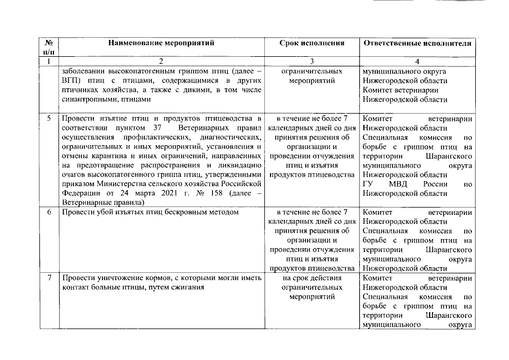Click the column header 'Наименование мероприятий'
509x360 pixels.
(161, 43)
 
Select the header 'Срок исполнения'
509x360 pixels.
(312, 43)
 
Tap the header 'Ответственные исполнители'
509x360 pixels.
(417, 43)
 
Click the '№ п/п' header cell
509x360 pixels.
(49, 47)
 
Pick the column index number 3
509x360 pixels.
(312, 61)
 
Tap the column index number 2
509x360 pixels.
(161, 61)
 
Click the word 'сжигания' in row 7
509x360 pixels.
(188, 287)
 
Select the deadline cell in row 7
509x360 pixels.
(312, 287)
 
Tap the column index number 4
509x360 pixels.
(417, 61)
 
